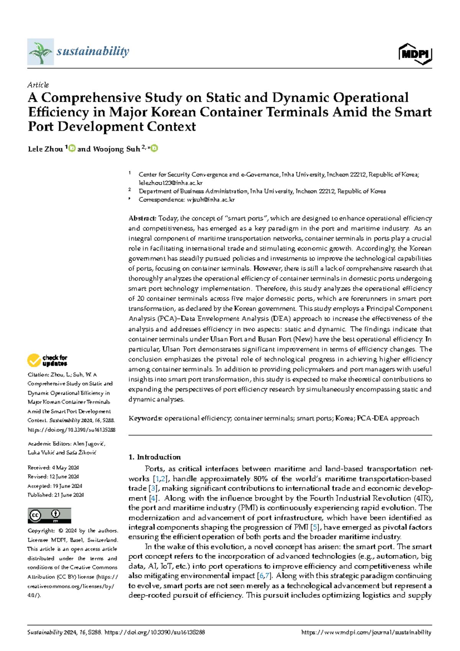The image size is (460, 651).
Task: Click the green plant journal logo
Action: pyautogui.click(x=40, y=51)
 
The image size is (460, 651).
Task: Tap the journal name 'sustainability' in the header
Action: pyautogui.click(x=93, y=51)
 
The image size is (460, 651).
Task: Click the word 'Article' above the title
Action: pyautogui.click(x=38, y=85)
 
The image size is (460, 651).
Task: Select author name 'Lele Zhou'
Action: pyautogui.click(x=45, y=149)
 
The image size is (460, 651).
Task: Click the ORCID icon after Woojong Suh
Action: pyautogui.click(x=154, y=149)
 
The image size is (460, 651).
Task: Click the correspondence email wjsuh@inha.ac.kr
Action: pyautogui.click(x=210, y=200)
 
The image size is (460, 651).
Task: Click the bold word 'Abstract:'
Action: pyautogui.click(x=142, y=218)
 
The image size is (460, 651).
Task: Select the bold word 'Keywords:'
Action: pyautogui.click(x=145, y=418)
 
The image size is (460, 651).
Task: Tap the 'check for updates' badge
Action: pyautogui.click(x=47, y=360)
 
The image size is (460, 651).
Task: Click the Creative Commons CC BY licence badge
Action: pyautogui.click(x=49, y=516)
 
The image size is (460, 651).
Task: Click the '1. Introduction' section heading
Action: pyautogui.click(x=154, y=457)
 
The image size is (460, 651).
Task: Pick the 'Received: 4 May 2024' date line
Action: pyautogui.click(x=53, y=468)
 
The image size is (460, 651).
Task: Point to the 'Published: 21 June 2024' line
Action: pyautogui.click(x=56, y=495)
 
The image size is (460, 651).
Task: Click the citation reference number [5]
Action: pyautogui.click(x=315, y=527)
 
